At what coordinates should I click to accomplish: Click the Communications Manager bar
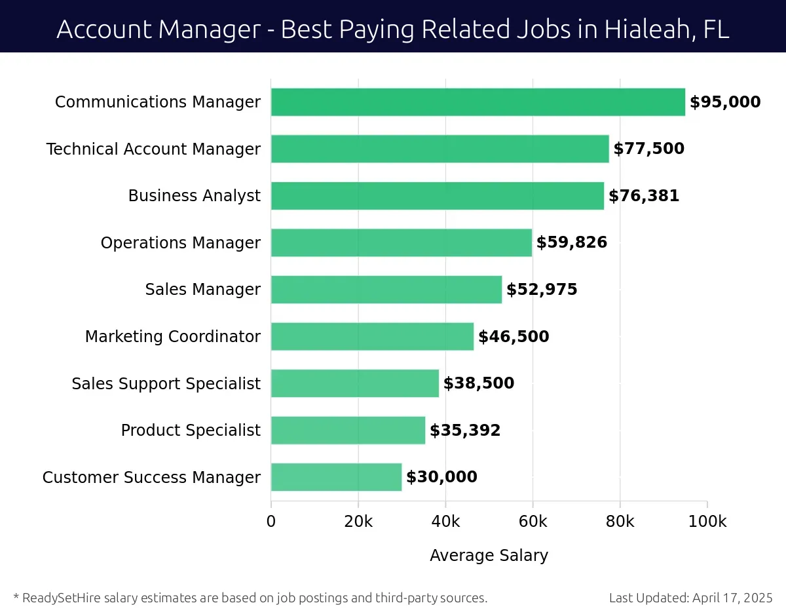tap(477, 102)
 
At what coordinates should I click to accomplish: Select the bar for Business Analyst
tap(437, 196)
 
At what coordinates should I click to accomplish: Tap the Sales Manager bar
tap(386, 290)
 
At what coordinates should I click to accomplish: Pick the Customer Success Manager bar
tap(336, 477)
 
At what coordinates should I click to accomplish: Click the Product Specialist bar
tap(348, 431)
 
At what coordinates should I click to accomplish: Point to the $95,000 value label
tap(725, 102)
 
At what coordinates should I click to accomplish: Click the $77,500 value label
tap(648, 149)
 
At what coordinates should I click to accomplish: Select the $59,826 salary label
tap(572, 242)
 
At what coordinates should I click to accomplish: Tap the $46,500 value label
tap(514, 337)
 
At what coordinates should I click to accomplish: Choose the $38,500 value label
tap(479, 383)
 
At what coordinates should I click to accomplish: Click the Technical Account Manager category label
tap(153, 149)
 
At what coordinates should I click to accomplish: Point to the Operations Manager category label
tap(180, 243)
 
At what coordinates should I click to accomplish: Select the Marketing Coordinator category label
tap(172, 337)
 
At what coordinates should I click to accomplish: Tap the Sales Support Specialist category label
tap(166, 383)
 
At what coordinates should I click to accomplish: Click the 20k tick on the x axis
tap(358, 522)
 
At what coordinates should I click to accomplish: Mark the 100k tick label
tap(707, 522)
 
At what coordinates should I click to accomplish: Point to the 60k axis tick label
tap(533, 522)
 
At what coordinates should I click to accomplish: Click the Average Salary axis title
tap(489, 556)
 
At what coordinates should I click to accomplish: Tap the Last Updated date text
tap(690, 598)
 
